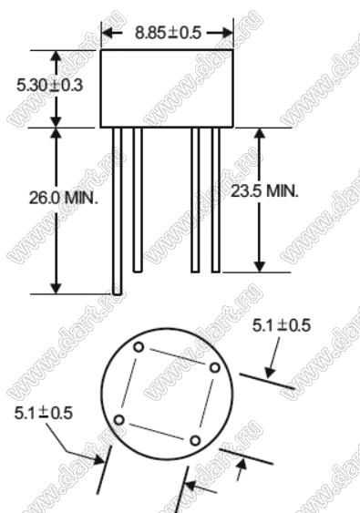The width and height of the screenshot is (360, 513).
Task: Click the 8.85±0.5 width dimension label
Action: (168, 33)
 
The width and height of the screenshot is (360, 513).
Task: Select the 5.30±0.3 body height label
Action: (49, 86)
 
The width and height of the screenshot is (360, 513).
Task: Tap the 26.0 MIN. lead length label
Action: (63, 198)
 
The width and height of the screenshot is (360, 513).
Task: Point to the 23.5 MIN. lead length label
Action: (265, 190)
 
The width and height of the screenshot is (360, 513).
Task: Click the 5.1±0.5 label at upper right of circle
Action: (282, 326)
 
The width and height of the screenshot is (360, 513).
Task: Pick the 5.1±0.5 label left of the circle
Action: (43, 413)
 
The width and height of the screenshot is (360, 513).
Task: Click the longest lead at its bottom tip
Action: (117, 294)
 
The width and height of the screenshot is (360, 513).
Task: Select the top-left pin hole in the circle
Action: (139, 347)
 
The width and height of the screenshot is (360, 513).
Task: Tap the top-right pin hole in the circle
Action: (215, 368)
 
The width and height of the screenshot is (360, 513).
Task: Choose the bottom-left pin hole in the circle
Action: (119, 420)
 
